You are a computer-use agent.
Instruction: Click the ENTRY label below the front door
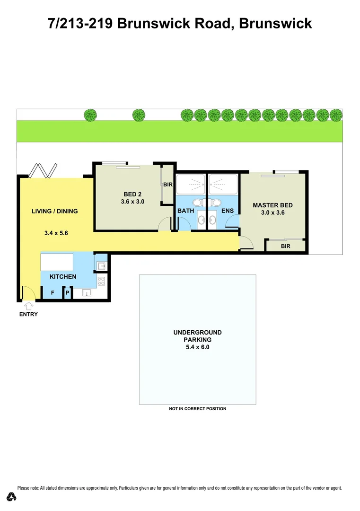[28, 314]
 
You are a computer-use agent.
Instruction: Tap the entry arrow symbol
[28, 306]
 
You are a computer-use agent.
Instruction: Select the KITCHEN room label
[63, 277]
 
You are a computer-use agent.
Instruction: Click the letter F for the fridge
[53, 293]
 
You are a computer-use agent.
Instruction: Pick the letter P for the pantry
[68, 293]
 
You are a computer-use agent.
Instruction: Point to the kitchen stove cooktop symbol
[101, 281]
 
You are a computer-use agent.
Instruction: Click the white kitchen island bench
[57, 261]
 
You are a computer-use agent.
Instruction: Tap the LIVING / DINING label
[54, 211]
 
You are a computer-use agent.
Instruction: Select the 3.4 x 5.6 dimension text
[56, 233]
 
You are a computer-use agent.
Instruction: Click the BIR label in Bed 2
[167, 185]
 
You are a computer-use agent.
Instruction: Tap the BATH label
[186, 211]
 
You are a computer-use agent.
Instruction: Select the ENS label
[227, 211]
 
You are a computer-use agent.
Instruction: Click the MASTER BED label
[272, 205]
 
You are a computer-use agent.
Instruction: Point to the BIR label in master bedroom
[285, 247]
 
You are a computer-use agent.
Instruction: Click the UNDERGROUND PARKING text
[197, 336]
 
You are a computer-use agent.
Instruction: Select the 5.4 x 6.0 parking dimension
[197, 347]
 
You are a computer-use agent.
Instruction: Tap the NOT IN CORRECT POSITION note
[197, 409]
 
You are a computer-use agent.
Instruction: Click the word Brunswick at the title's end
[275, 23]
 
